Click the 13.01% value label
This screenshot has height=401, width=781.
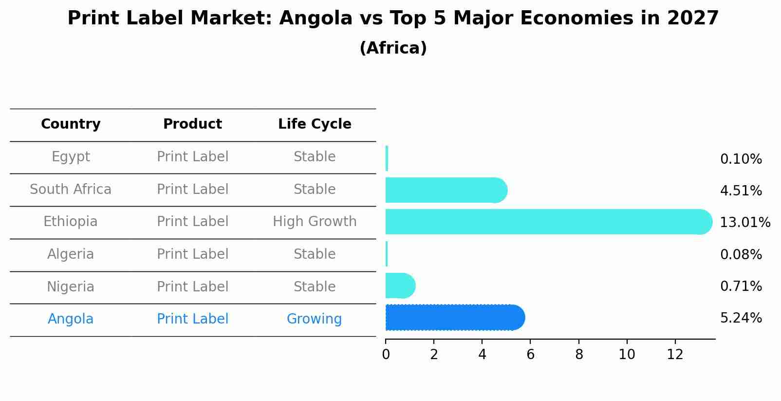pyautogui.click(x=744, y=223)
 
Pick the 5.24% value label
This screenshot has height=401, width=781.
pyautogui.click(x=741, y=318)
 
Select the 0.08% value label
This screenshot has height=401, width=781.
pyautogui.click(x=741, y=254)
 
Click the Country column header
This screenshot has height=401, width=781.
pyautogui.click(x=71, y=124)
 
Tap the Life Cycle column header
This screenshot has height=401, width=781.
pyautogui.click(x=315, y=124)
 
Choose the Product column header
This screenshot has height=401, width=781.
pyautogui.click(x=192, y=124)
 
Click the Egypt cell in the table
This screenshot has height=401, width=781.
pyautogui.click(x=71, y=157)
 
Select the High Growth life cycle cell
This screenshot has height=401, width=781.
pyautogui.click(x=315, y=222)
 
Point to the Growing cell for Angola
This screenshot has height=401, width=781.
pyautogui.click(x=314, y=319)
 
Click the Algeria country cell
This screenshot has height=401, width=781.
pyautogui.click(x=71, y=254)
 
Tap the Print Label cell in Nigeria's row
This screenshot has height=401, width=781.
pyautogui.click(x=192, y=286)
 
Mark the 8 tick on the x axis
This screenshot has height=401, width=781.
pyautogui.click(x=578, y=354)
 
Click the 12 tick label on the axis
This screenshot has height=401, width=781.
pyautogui.click(x=675, y=354)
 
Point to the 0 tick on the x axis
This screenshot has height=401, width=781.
pyautogui.click(x=386, y=354)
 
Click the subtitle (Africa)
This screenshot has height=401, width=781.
pyautogui.click(x=393, y=48)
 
